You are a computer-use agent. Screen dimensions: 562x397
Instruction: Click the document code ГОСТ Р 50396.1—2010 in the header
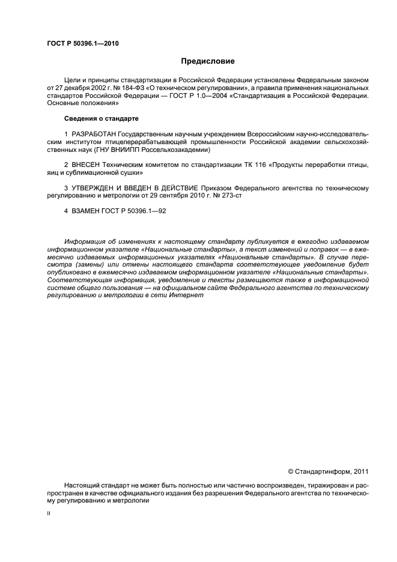(82, 44)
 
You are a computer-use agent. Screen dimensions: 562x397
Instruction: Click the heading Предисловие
(208, 61)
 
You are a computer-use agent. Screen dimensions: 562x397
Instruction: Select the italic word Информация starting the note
(85, 241)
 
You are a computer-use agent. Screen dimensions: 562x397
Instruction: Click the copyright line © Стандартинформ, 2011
(328, 472)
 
